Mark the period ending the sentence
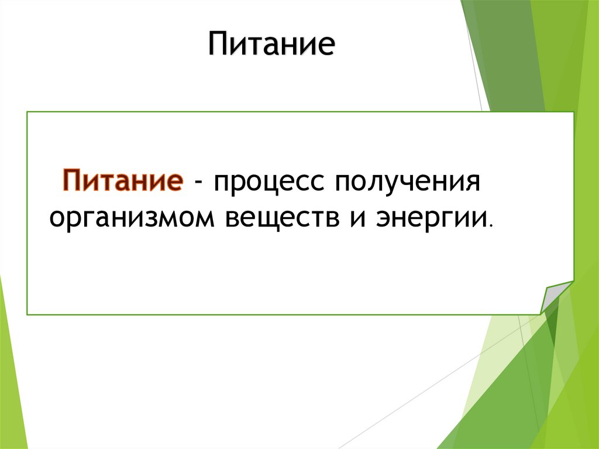491,225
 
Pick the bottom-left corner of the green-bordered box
27,314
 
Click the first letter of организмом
57,219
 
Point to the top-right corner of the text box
573,111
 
